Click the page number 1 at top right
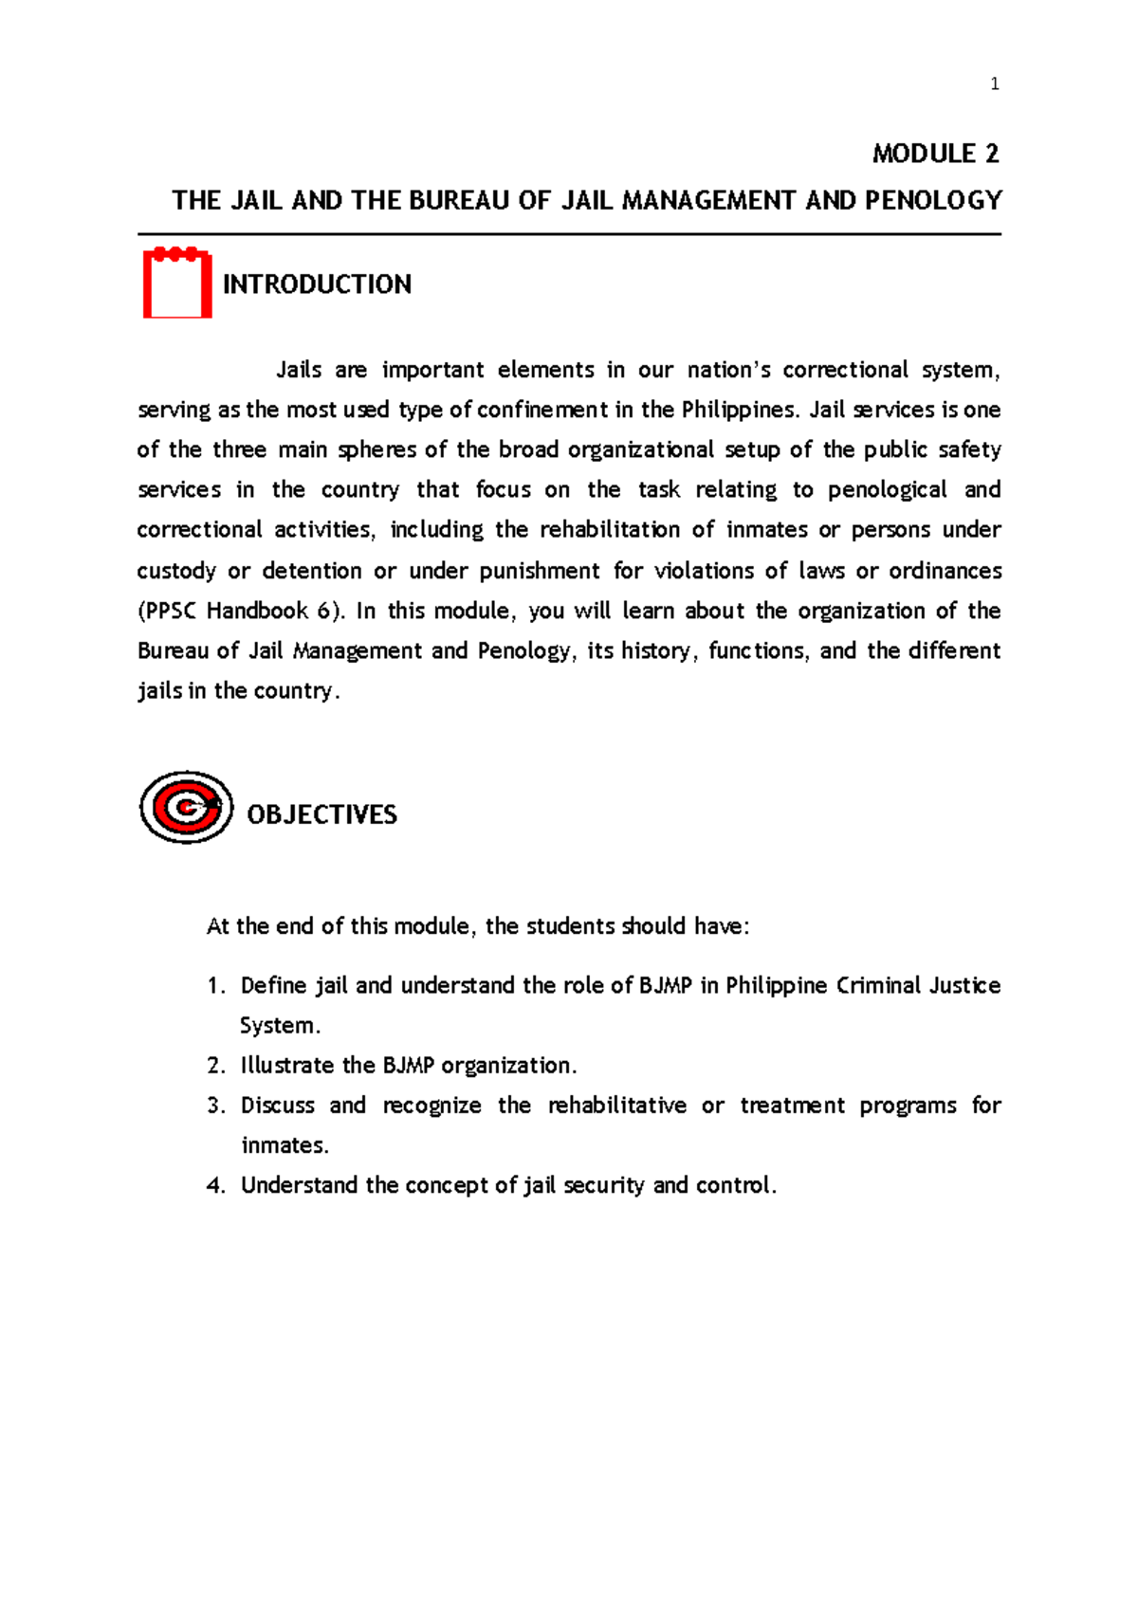[x=994, y=84]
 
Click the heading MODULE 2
[x=935, y=154]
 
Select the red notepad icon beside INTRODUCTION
[x=177, y=283]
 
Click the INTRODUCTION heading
[x=317, y=284]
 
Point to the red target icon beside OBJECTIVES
[x=186, y=808]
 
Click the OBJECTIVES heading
[x=321, y=814]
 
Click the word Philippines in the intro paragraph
[x=748, y=411]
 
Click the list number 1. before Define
[x=216, y=986]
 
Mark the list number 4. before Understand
[x=216, y=1186]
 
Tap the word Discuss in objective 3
[x=277, y=1106]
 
